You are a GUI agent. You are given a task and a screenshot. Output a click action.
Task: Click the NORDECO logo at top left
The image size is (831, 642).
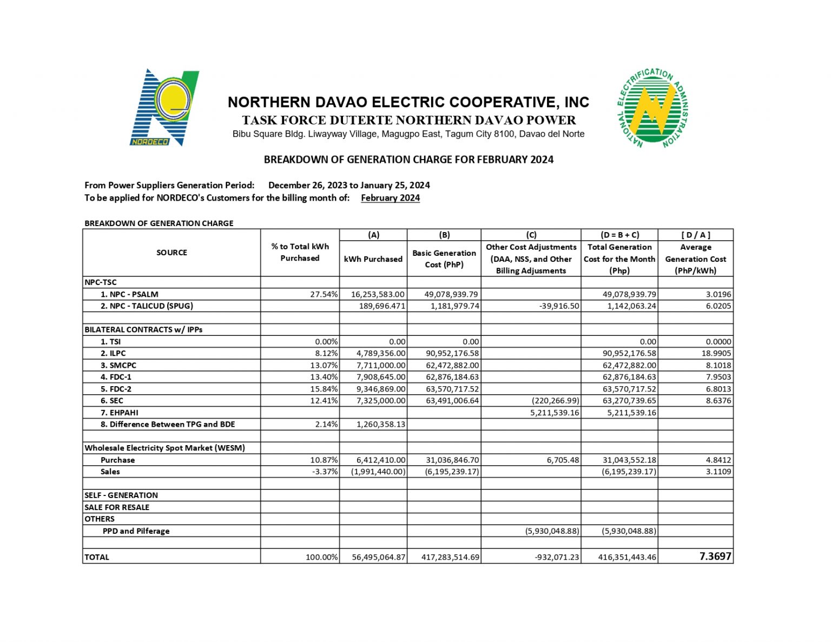[x=164, y=107]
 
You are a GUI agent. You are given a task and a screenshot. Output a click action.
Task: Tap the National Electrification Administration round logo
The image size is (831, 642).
[x=652, y=108]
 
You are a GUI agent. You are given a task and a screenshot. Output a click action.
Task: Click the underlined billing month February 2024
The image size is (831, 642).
[x=390, y=198]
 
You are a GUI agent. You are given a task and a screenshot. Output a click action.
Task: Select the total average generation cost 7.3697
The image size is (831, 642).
[x=715, y=557]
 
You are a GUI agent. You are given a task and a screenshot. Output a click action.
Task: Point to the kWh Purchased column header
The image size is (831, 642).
[x=373, y=259]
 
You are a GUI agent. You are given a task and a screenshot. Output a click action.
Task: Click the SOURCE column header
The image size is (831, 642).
[x=172, y=253]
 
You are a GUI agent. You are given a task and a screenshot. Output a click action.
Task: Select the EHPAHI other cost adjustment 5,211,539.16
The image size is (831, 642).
[x=555, y=413]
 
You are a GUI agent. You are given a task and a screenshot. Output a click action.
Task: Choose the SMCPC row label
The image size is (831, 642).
[x=123, y=366]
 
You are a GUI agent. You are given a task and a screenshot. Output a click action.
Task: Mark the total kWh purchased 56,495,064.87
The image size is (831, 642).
[x=378, y=557]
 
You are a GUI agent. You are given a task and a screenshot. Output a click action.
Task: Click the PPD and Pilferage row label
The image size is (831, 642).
[x=136, y=531]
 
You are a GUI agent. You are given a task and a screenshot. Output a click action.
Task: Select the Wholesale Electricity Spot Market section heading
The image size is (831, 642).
[x=164, y=448]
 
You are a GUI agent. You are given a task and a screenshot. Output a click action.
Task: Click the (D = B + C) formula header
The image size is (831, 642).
[x=619, y=235]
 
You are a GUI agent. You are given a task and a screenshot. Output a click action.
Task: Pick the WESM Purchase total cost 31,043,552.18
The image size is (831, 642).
[x=629, y=460]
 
